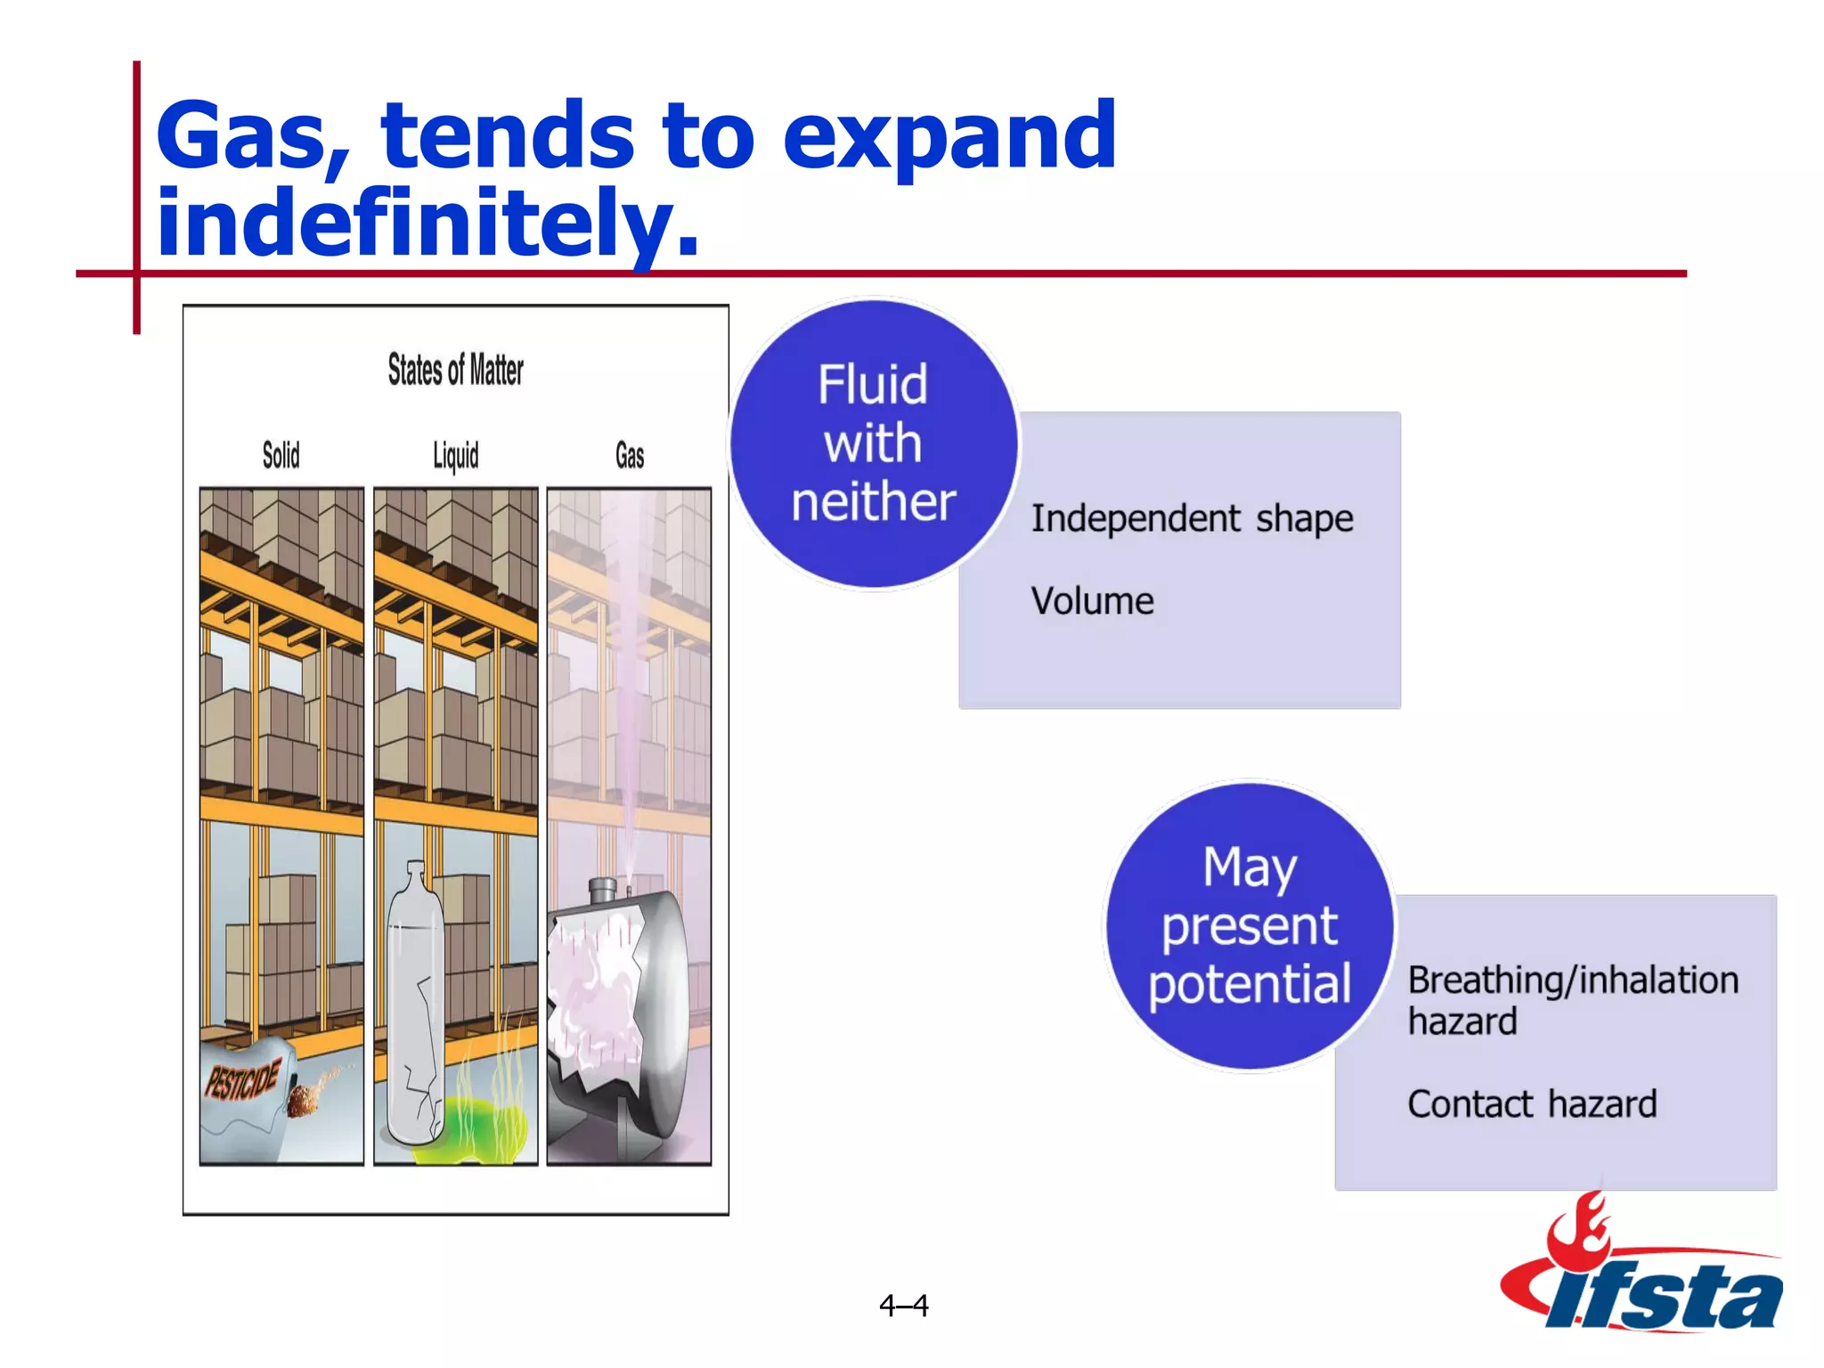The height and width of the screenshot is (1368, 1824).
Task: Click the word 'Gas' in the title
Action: [x=250, y=135]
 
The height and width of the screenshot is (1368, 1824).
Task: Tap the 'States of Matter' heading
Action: [x=455, y=370]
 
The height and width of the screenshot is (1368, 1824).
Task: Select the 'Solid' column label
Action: [x=281, y=455]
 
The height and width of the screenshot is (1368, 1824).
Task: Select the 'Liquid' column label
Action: [x=455, y=456]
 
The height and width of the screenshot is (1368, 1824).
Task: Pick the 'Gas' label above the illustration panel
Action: [x=630, y=456]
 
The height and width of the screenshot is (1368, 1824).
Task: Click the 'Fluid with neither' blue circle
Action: [x=873, y=444]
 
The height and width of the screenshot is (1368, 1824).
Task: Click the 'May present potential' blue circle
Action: [x=1249, y=926]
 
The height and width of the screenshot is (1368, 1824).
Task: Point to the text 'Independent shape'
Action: [x=1192, y=518]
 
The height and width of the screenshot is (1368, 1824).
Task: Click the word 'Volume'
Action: [x=1092, y=601]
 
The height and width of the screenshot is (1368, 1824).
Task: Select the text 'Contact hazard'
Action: [x=1532, y=1104]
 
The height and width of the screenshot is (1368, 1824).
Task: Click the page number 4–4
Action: [x=903, y=1306]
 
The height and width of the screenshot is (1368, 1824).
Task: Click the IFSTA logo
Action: [x=1643, y=1274]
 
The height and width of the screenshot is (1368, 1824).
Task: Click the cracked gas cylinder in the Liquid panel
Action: [x=414, y=1006]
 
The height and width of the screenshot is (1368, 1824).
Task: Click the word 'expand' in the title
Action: [x=949, y=135]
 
